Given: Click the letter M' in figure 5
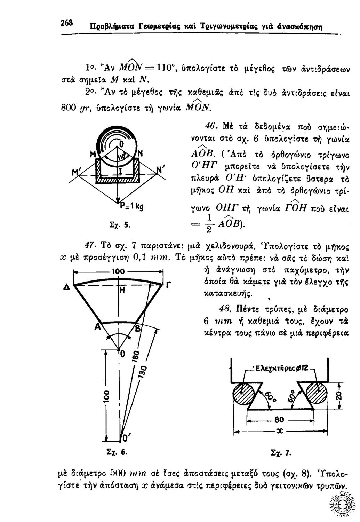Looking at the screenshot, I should [x=75, y=172].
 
